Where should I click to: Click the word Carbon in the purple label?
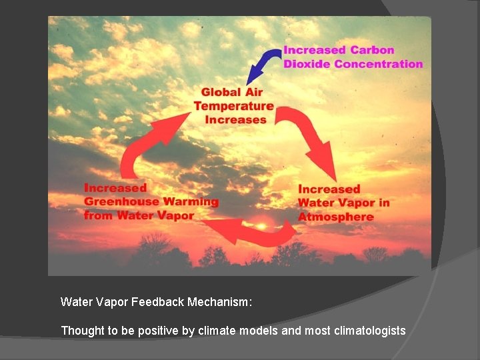pyautogui.click(x=373, y=50)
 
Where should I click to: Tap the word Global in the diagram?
pyautogui.click(x=223, y=92)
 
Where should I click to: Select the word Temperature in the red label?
pyautogui.click(x=233, y=106)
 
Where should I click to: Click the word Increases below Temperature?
pyautogui.click(x=235, y=120)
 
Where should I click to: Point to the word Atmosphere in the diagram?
pyautogui.click(x=335, y=217)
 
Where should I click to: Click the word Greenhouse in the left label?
pyautogui.click(x=121, y=201)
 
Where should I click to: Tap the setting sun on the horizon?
pyautogui.click(x=262, y=227)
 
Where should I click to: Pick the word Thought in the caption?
pyautogui.click(x=79, y=330)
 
